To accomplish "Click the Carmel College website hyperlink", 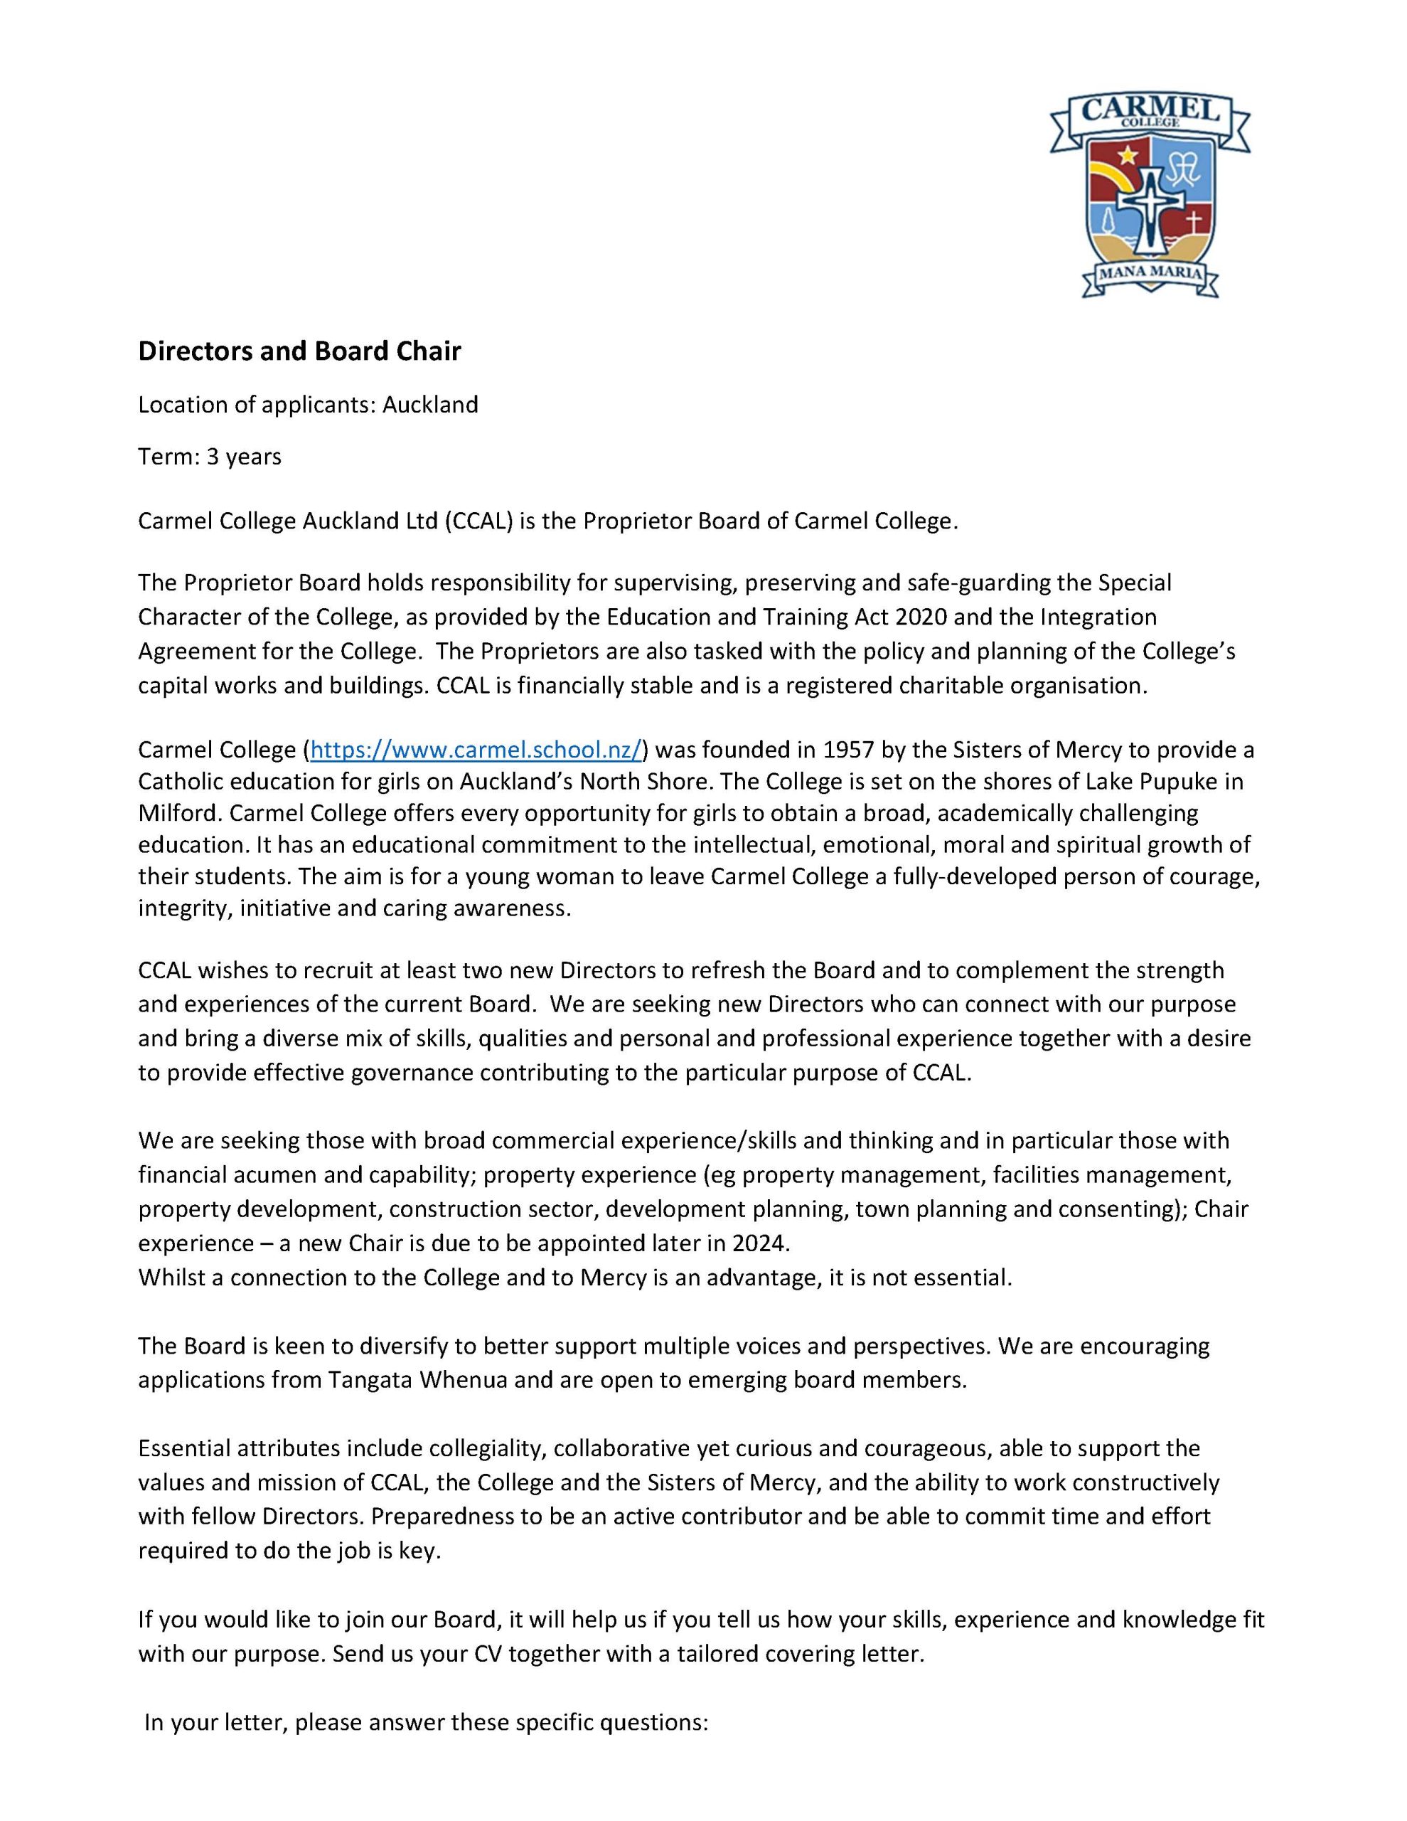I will (476, 750).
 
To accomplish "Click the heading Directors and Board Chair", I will (299, 351).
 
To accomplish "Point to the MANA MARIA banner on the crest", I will (1151, 273).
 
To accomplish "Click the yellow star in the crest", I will (1128, 154).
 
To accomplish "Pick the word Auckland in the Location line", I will (430, 405).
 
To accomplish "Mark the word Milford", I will (175, 813).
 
